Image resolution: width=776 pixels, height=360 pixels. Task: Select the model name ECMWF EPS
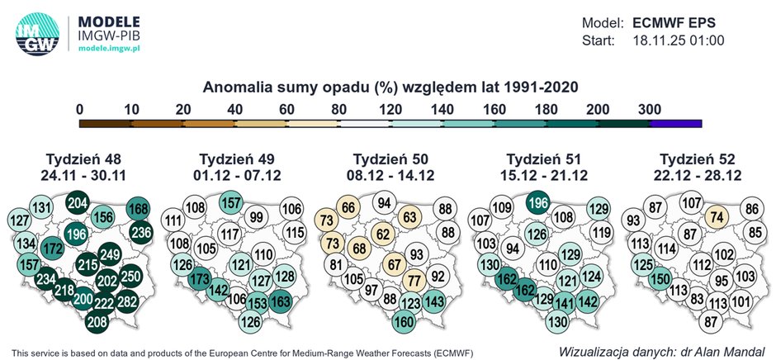coord(679,21)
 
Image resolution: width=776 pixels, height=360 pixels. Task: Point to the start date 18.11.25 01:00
coord(678,40)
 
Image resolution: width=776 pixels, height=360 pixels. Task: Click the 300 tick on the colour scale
coord(650,108)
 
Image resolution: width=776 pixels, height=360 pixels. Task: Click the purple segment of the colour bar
coord(675,123)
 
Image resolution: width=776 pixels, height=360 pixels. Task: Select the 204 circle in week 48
coord(78,204)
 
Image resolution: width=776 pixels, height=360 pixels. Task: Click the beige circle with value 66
coord(349,207)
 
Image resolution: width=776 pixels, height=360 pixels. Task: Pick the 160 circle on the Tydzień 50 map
coord(404,321)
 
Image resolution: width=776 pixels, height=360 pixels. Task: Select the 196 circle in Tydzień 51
coord(537,204)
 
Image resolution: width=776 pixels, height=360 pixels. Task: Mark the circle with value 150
coord(659,280)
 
